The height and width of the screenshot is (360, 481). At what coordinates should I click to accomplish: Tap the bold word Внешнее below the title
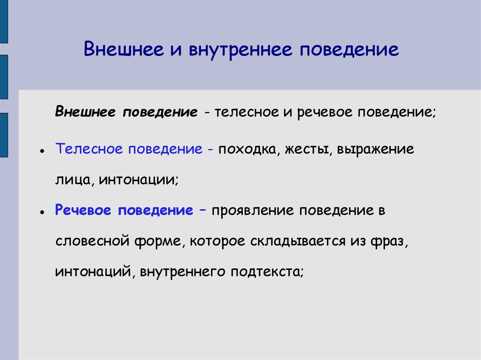point(86,113)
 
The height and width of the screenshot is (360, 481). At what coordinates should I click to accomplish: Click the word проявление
point(252,210)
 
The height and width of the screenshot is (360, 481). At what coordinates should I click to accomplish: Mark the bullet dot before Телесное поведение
point(42,153)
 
